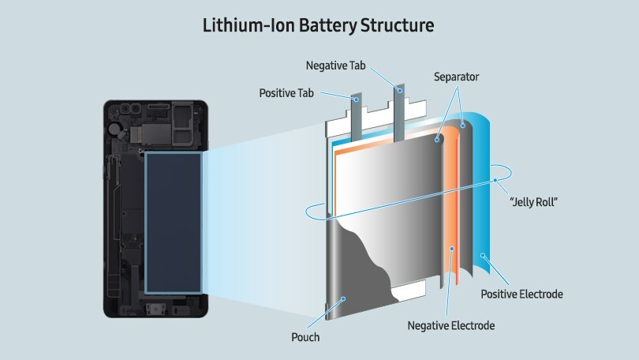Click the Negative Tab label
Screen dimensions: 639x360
tap(335, 66)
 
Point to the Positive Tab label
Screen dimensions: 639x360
tap(286, 93)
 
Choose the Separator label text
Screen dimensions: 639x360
tap(456, 77)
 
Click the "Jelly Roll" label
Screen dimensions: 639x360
tap(533, 201)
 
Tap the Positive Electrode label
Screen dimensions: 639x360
tap(521, 294)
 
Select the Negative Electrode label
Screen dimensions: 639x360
tap(451, 325)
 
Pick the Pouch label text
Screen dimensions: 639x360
tap(305, 337)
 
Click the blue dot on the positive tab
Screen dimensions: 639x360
tap(356, 99)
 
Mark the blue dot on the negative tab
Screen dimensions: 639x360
tap(401, 91)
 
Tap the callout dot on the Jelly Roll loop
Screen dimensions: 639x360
tap(495, 180)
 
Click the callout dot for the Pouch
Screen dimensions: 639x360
tap(343, 299)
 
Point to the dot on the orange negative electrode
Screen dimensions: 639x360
tap(452, 249)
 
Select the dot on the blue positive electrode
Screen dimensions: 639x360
tap(483, 256)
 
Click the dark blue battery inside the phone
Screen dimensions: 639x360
tap(174, 223)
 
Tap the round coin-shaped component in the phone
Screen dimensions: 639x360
tap(116, 129)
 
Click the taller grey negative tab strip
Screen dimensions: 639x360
tap(399, 114)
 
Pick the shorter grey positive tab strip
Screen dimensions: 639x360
tap(356, 118)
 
